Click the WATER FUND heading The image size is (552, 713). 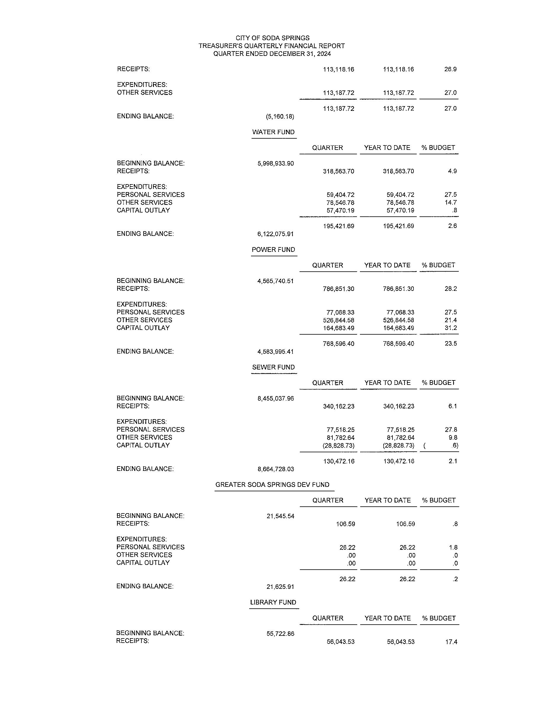coord(273,132)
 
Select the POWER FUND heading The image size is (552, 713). coord(273,250)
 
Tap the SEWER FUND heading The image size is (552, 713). coord(273,367)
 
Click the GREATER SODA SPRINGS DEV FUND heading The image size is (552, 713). coord(272,485)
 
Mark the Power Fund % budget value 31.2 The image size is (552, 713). coord(450,328)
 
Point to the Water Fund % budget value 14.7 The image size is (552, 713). coord(450,202)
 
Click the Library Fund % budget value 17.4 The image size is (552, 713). coord(451,642)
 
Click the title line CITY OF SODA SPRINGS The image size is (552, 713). coord(272,38)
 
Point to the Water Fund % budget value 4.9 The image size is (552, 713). coord(452,171)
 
